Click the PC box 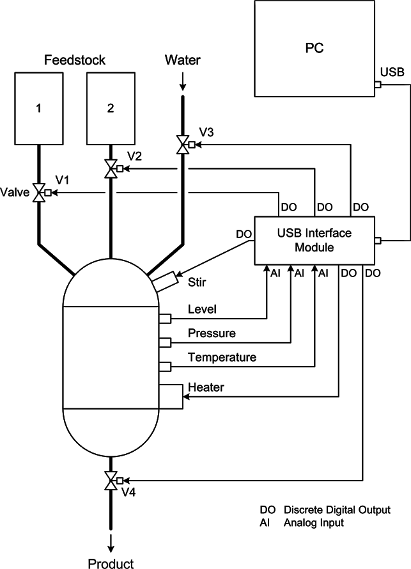tap(313, 49)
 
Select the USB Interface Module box tap(314, 240)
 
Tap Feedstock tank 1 tap(38, 109)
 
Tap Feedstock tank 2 tap(111, 109)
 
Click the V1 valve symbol tap(39, 192)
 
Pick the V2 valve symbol tap(111, 169)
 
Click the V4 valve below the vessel tap(111, 480)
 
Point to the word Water tap(182, 61)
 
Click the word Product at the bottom tap(111, 563)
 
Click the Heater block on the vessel tap(171, 396)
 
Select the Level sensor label tap(202, 310)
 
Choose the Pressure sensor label tap(212, 333)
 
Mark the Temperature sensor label tap(222, 357)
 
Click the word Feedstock tap(75, 61)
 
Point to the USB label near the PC tap(392, 72)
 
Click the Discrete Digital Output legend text tap(337, 510)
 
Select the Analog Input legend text tap(314, 523)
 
